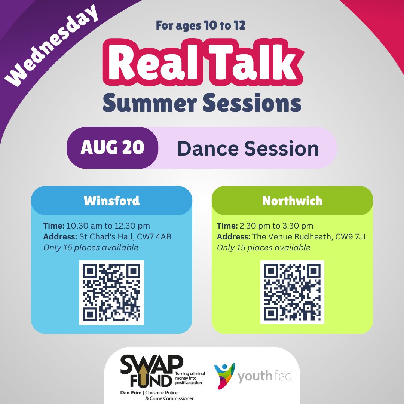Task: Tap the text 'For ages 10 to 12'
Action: point(201,27)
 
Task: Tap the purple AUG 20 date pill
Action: point(112,148)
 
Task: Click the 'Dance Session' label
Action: point(248,149)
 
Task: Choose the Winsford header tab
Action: point(111,201)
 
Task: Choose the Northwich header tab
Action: point(292,201)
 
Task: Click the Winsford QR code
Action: point(111,293)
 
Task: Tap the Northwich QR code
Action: point(292,292)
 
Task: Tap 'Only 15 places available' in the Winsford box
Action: point(91,248)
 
